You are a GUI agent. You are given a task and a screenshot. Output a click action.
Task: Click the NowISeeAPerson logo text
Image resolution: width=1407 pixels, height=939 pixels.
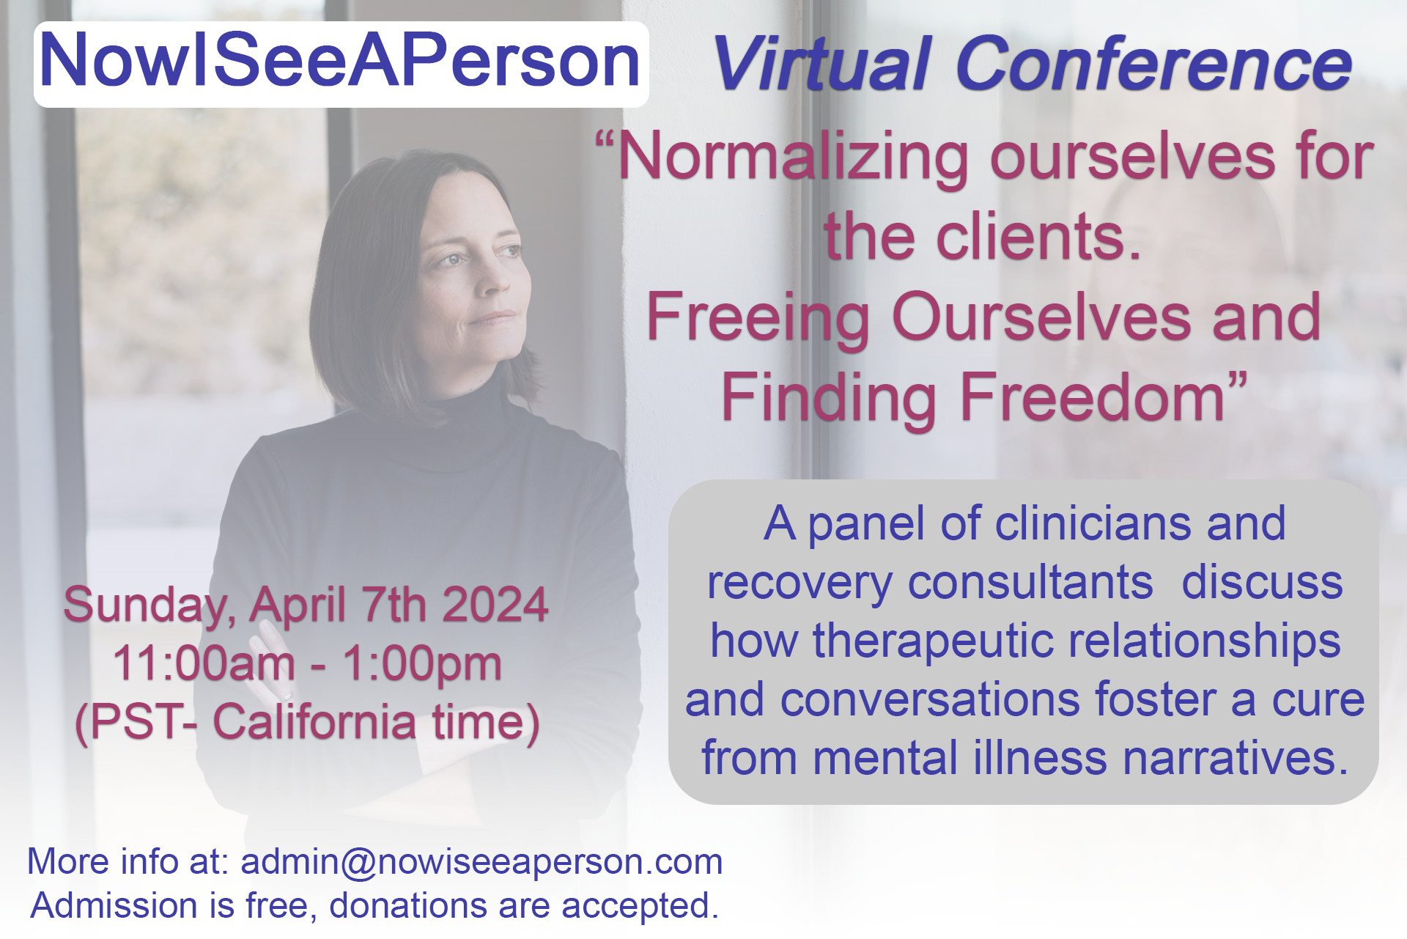point(340,61)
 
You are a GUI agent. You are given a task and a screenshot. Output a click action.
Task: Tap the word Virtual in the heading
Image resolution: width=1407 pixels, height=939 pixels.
point(821,64)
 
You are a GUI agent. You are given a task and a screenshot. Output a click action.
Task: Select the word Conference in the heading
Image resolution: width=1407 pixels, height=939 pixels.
point(1154,64)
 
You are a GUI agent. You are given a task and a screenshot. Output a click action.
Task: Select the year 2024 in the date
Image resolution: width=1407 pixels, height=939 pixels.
point(495,605)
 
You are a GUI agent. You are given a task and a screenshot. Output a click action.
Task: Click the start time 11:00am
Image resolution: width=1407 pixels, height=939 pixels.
point(204,663)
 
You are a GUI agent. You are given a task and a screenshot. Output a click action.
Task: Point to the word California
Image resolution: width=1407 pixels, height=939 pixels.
point(314,722)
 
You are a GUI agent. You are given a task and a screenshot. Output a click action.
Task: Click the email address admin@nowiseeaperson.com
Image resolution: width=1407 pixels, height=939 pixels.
point(481,861)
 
